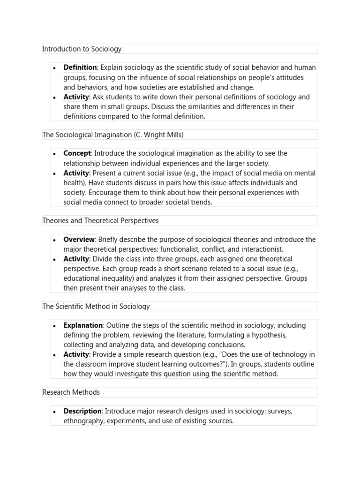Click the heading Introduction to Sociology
(x=82, y=49)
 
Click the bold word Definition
(x=80, y=67)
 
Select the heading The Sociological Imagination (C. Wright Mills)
(x=113, y=135)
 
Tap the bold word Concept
(x=77, y=153)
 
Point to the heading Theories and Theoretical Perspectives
(x=100, y=220)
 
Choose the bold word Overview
(x=79, y=240)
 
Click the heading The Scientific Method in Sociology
(x=96, y=306)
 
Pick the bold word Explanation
(x=83, y=325)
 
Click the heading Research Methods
(x=71, y=392)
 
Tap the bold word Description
(x=82, y=411)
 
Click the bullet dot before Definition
(x=54, y=68)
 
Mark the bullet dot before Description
(x=54, y=412)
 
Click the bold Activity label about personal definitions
(x=76, y=97)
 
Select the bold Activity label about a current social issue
(x=76, y=173)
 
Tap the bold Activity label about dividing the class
(x=76, y=259)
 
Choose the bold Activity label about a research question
(x=76, y=354)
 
